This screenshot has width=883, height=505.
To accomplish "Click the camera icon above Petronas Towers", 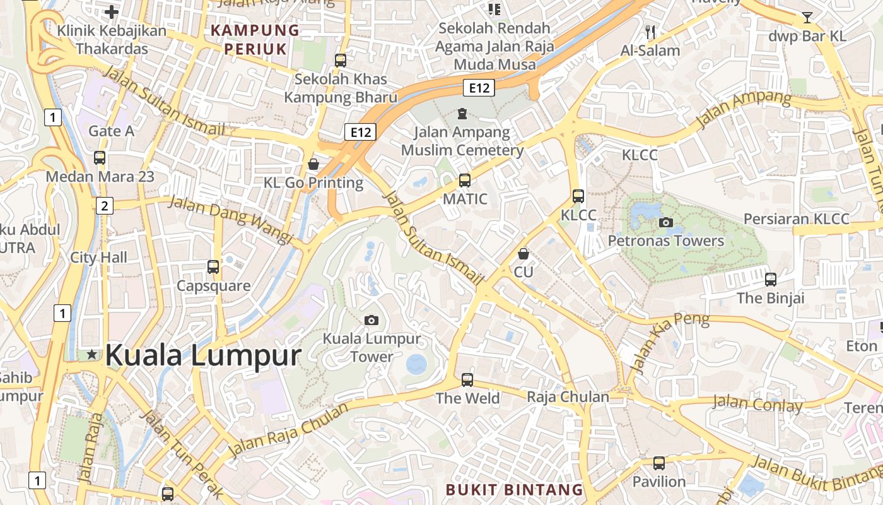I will click(x=665, y=222).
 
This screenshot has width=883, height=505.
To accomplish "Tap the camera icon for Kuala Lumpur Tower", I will click(x=371, y=320).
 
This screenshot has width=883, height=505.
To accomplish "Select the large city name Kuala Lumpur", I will click(x=203, y=355).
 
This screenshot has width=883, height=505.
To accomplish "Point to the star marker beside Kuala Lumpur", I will click(x=92, y=355).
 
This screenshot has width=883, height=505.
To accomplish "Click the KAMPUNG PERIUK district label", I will click(x=255, y=39).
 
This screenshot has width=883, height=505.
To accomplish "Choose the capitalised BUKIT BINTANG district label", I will click(x=514, y=489).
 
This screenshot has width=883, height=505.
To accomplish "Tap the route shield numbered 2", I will click(x=105, y=205).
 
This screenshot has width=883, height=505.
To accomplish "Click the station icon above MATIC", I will click(x=465, y=181).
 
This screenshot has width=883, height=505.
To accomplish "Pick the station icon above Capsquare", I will click(x=213, y=267).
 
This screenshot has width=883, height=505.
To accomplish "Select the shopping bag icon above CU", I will click(x=523, y=254).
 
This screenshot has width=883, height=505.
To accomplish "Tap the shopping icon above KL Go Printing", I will click(x=313, y=165).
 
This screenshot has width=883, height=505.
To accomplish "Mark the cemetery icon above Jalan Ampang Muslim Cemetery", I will click(x=462, y=114).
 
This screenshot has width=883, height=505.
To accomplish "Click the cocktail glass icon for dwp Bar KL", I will click(x=807, y=18).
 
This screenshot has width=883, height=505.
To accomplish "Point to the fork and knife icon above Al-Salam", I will click(x=650, y=32).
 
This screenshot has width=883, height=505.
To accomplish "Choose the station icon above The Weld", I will click(x=467, y=380).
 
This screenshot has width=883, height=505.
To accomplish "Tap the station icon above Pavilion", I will click(x=659, y=463).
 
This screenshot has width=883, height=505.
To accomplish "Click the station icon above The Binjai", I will click(x=770, y=280).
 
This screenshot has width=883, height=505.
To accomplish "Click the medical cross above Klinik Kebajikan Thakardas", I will click(x=112, y=12).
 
